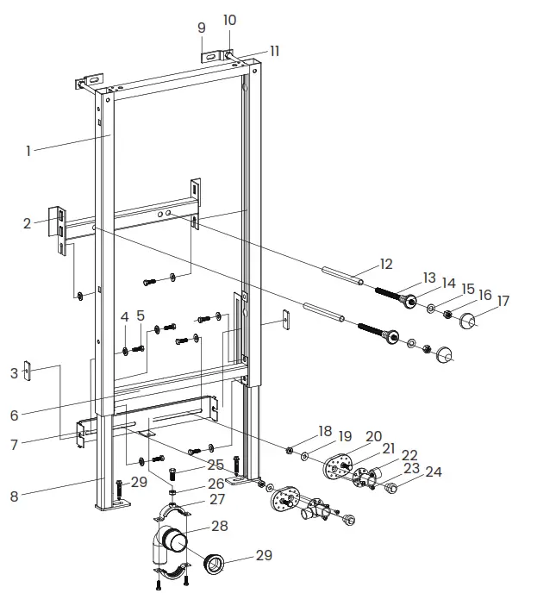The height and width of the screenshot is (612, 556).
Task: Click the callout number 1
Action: [28, 151]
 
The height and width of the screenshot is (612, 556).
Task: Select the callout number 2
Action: [28, 223]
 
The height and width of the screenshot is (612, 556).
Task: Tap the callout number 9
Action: [202, 28]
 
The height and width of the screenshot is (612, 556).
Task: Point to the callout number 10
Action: [229, 20]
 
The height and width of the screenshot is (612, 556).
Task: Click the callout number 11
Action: [273, 51]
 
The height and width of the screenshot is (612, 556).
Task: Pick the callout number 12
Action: [386, 264]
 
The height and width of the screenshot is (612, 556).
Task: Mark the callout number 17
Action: [503, 301]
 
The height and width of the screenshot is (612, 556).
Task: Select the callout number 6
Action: [15, 415]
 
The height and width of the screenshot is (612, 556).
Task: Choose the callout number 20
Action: [373, 436]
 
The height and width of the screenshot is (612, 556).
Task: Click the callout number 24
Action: [433, 471]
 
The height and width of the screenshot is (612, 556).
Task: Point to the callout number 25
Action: [216, 465]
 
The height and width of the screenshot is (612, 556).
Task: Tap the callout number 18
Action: [324, 430]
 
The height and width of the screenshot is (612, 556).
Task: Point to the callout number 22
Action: [409, 454]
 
